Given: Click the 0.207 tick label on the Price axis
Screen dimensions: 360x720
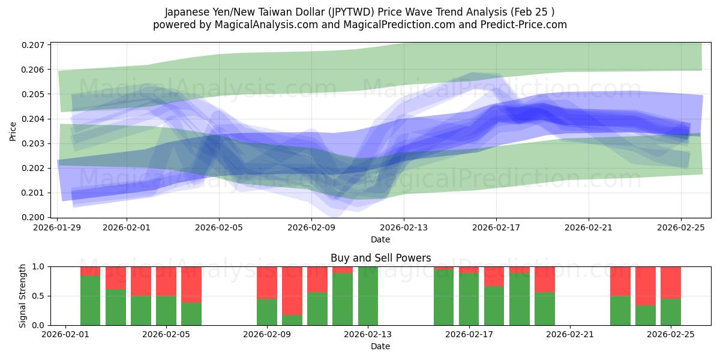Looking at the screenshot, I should [x=34, y=45].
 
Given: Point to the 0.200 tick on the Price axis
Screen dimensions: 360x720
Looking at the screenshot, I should [x=34, y=217].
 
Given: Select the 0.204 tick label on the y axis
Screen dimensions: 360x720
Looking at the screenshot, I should [x=34, y=119].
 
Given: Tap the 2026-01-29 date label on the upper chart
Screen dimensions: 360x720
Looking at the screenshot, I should [x=58, y=228].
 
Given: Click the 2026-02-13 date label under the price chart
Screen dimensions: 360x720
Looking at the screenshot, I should [x=404, y=228].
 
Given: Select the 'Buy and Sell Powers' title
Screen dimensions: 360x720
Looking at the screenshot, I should [x=380, y=259].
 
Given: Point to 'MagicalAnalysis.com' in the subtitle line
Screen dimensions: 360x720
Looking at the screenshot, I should [x=263, y=25].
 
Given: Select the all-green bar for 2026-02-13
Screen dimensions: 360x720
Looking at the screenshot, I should [x=368, y=296].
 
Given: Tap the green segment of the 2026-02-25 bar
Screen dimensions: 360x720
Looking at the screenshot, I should [x=671, y=312].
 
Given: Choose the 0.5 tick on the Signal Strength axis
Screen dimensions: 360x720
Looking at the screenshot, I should [x=40, y=296].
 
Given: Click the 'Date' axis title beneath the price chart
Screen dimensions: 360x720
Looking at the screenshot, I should [x=380, y=239].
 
